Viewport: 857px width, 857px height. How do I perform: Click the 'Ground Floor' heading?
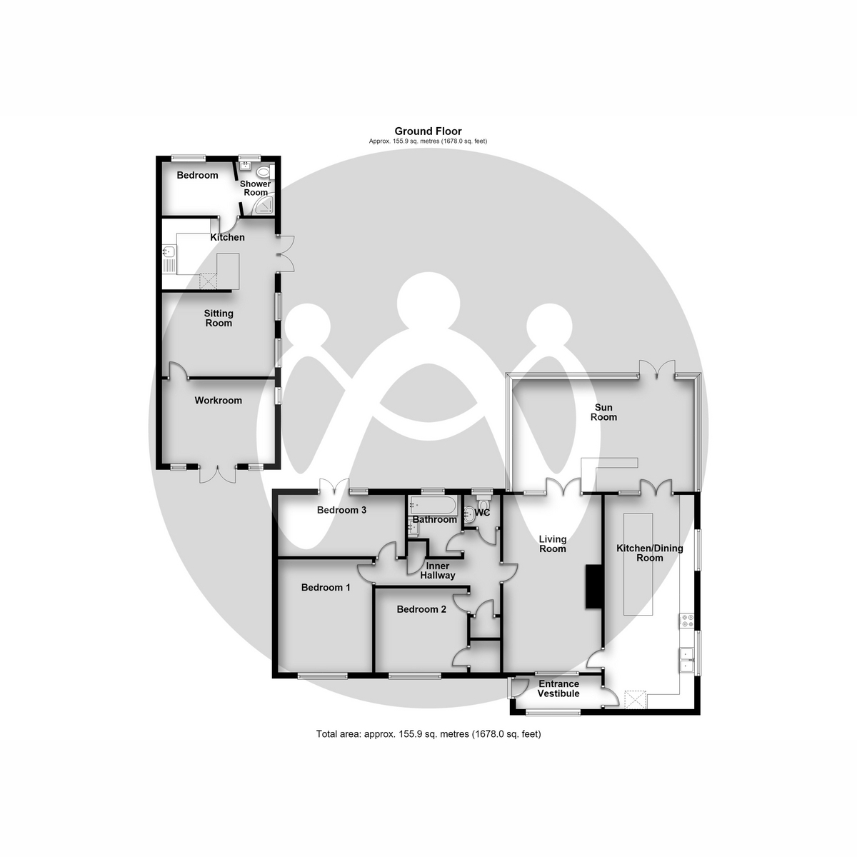click(x=428, y=131)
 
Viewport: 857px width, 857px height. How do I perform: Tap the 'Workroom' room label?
click(x=218, y=400)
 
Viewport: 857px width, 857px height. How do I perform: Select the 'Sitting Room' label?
click(x=219, y=319)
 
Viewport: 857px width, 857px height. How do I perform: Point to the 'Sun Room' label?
click(x=603, y=412)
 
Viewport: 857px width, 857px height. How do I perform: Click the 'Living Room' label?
click(x=552, y=544)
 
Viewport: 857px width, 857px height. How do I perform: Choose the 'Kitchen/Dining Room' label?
click(x=649, y=553)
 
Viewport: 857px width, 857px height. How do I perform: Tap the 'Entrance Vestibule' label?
click(x=558, y=688)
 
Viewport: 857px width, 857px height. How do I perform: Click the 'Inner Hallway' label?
click(x=438, y=571)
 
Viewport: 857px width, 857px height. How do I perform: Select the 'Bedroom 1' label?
click(x=326, y=588)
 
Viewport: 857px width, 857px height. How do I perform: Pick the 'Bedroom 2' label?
click(x=421, y=609)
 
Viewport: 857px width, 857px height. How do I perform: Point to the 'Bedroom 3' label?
click(x=341, y=510)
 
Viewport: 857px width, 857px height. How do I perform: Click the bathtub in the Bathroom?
click(x=431, y=506)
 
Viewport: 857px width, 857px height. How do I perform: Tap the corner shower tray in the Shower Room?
click(x=264, y=207)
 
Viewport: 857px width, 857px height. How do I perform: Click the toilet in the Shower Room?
click(x=264, y=171)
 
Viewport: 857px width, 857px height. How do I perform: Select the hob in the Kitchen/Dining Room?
click(x=686, y=621)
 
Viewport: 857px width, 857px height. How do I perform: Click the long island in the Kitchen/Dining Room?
click(x=638, y=564)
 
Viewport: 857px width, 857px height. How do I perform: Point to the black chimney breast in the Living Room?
click(x=593, y=586)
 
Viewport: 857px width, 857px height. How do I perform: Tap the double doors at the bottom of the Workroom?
click(x=218, y=474)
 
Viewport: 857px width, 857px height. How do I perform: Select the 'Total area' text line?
click(x=428, y=734)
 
